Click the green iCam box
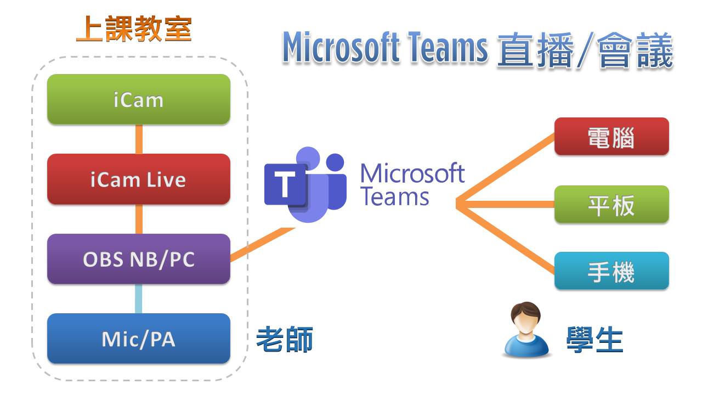(138, 99)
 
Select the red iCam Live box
(138, 179)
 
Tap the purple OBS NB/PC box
(138, 259)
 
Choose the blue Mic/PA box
(138, 338)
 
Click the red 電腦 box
(611, 137)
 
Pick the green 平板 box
(611, 205)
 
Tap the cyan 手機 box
(611, 271)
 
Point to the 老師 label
(285, 340)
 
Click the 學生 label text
(595, 340)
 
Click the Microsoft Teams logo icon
(305, 184)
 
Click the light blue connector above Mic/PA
(138, 298)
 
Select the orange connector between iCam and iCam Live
(139, 139)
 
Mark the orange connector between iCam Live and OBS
(139, 219)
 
